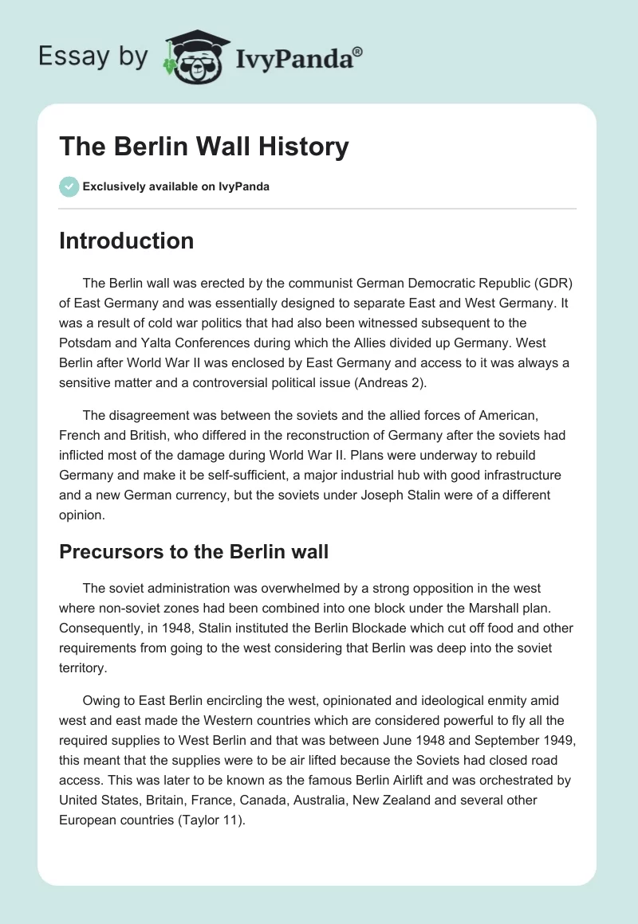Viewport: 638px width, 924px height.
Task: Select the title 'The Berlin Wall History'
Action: tap(204, 147)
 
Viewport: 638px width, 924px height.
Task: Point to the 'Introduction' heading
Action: tap(126, 241)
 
